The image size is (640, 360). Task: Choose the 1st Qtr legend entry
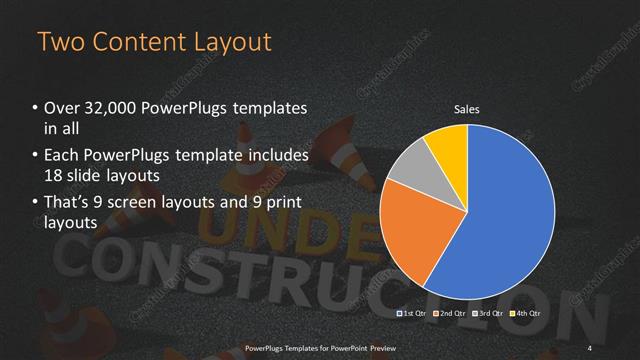pyautogui.click(x=414, y=314)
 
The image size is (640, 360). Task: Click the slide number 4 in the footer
pyautogui.click(x=590, y=347)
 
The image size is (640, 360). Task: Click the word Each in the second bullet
pyautogui.click(x=63, y=155)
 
